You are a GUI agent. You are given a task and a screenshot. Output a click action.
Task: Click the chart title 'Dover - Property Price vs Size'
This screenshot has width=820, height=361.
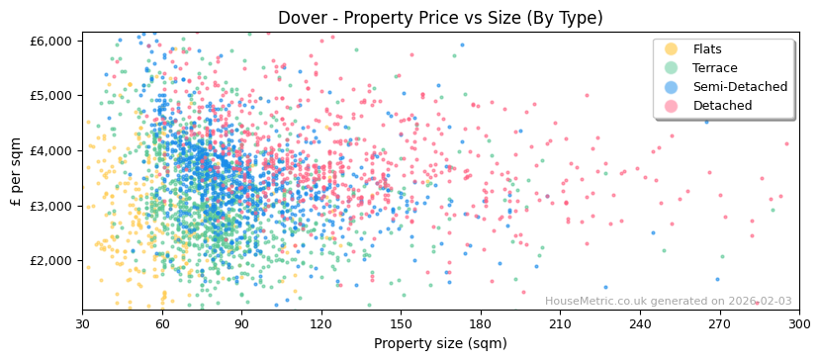[x=440, y=18]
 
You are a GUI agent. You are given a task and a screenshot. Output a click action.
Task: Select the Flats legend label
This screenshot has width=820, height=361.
[x=707, y=49]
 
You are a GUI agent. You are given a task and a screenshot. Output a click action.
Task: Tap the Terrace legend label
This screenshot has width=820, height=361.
[x=715, y=68]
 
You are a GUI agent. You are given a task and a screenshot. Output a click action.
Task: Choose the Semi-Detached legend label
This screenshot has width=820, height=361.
[x=740, y=87]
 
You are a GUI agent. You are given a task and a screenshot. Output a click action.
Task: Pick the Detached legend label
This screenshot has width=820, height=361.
[x=722, y=106]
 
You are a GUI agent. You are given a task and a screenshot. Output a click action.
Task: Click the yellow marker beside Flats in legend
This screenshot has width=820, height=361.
[x=671, y=49]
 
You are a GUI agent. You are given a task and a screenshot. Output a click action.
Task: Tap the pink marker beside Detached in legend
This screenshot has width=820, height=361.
[x=671, y=106]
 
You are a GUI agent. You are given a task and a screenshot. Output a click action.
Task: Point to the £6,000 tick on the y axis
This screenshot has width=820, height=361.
[x=51, y=41]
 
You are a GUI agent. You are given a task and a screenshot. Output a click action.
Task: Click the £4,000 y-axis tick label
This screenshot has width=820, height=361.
[x=51, y=150]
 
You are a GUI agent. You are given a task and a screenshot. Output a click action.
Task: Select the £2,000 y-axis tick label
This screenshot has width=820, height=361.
[x=51, y=261]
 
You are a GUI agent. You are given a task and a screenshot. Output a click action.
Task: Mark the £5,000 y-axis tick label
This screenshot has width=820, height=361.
[x=51, y=96]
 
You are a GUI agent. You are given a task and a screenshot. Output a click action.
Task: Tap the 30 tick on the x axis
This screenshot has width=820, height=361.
[x=82, y=323]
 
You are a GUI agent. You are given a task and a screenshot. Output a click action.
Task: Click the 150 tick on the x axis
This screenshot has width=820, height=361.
[x=400, y=323]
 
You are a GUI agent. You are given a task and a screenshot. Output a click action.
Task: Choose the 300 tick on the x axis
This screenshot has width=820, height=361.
[x=798, y=323]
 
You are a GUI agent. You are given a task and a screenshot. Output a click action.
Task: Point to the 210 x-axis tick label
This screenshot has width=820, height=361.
[x=559, y=323]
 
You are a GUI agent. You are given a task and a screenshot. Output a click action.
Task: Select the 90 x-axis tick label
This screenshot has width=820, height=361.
[x=241, y=323]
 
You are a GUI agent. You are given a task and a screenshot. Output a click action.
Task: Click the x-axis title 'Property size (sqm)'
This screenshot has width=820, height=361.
[x=440, y=343]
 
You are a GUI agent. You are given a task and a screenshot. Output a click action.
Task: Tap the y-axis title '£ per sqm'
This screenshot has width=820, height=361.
[x=16, y=171]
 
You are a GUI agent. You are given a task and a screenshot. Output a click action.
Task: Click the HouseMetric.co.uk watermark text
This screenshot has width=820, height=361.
[x=668, y=302]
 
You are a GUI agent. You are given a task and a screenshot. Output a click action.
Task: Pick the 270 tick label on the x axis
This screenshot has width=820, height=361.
[x=718, y=323]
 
